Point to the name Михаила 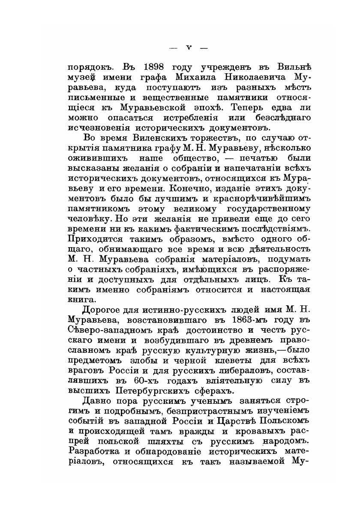(192, 78)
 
